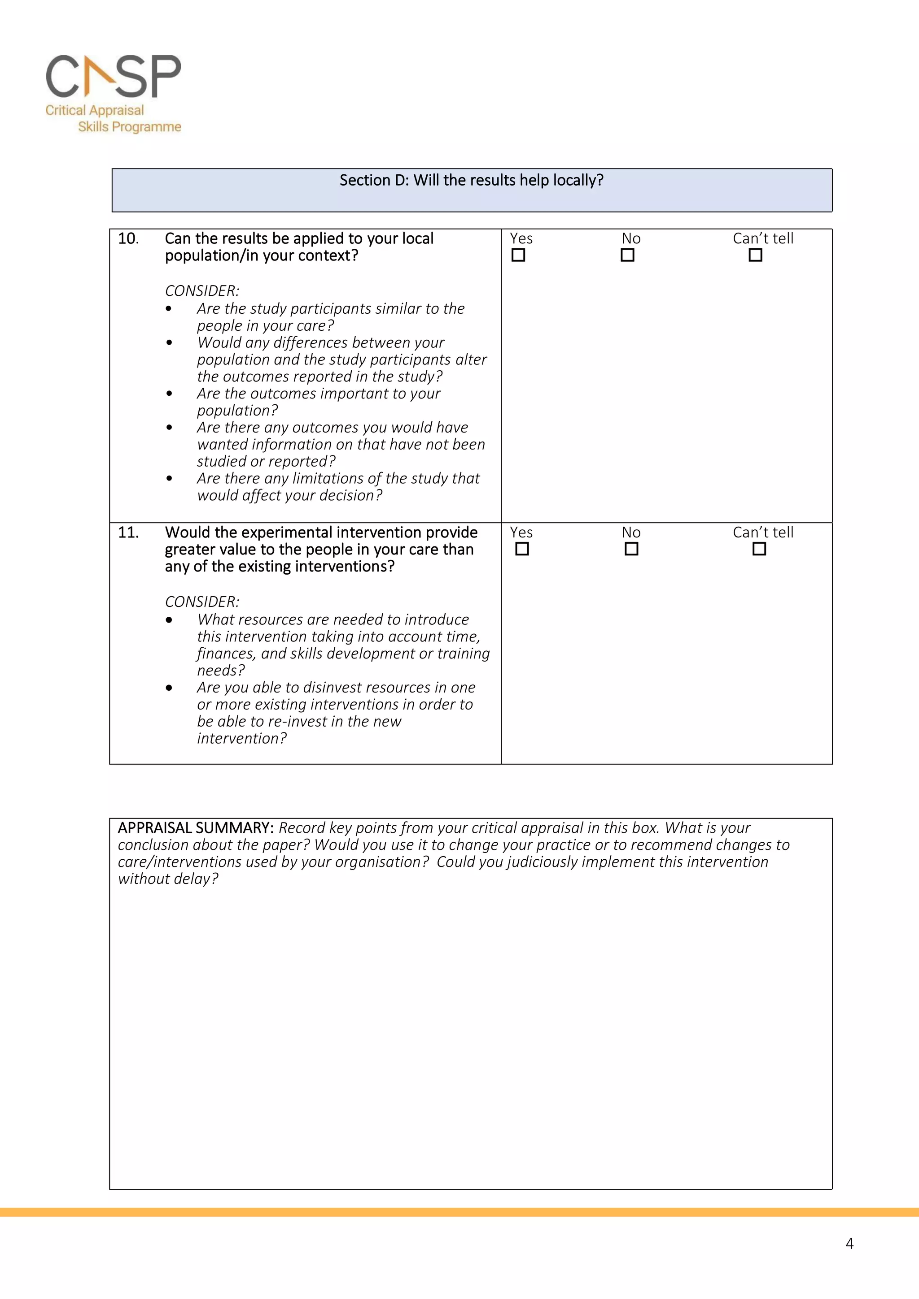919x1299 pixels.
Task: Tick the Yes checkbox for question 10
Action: point(518,255)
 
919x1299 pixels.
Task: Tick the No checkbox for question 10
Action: point(627,255)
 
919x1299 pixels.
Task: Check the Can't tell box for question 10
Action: point(755,255)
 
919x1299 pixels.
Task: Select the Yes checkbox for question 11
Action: point(522,549)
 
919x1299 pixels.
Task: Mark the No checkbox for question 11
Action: point(631,549)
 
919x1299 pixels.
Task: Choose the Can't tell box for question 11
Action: point(759,549)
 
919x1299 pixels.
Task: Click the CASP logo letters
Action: point(113,76)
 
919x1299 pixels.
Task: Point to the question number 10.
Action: point(128,239)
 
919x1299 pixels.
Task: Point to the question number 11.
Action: point(128,533)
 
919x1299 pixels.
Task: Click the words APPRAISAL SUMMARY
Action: point(195,828)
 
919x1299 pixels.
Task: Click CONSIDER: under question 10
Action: point(202,291)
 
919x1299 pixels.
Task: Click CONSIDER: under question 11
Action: point(202,602)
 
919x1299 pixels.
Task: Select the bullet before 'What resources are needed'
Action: point(169,620)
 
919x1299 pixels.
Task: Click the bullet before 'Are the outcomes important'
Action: point(169,394)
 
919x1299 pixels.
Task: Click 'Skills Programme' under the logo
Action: point(129,127)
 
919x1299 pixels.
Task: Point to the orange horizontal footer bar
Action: point(459,1212)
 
